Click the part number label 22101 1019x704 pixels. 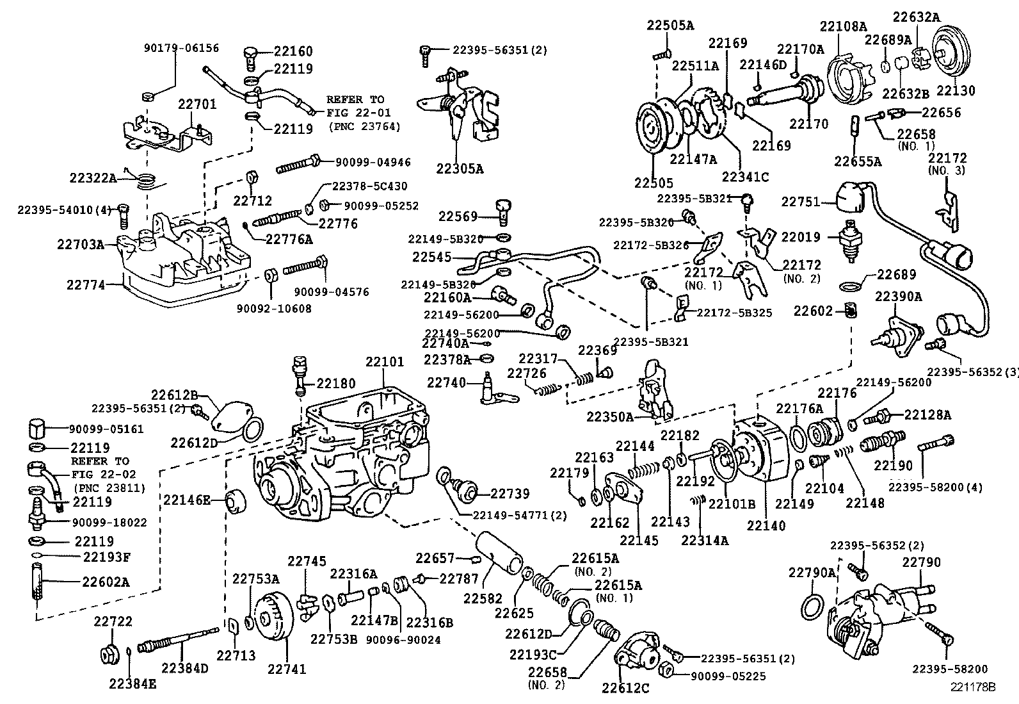pyautogui.click(x=385, y=362)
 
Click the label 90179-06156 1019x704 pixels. pyautogui.click(x=181, y=47)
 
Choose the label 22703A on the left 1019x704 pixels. pyautogui.click(x=80, y=244)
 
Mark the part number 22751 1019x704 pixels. pyautogui.click(x=800, y=202)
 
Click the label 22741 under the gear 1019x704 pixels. pyautogui.click(x=287, y=669)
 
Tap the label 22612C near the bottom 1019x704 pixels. pyautogui.click(x=625, y=689)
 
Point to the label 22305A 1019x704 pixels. pyautogui.click(x=460, y=168)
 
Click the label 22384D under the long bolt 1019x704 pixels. pyautogui.click(x=185, y=668)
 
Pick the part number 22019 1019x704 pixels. pyautogui.click(x=800, y=237)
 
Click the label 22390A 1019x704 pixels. pyautogui.click(x=899, y=297)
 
